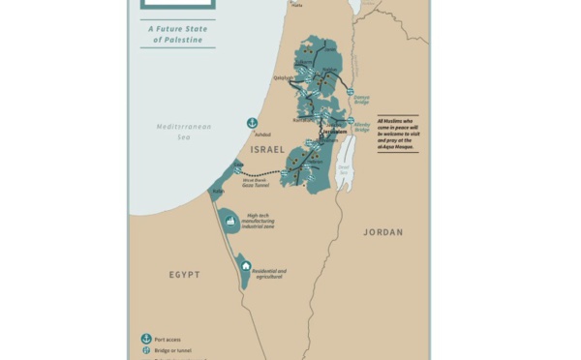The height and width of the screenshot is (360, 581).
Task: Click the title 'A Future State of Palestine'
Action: (177, 34)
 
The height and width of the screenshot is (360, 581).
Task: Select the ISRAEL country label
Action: (267, 150)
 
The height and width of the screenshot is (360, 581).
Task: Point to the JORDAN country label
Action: (382, 232)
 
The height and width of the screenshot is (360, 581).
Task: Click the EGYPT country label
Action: (184, 275)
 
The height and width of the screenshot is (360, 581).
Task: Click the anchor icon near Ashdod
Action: (252, 123)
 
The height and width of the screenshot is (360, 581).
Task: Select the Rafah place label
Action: (218, 193)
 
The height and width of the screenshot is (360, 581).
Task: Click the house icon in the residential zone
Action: (246, 265)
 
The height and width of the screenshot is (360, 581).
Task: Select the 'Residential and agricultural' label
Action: (267, 274)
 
